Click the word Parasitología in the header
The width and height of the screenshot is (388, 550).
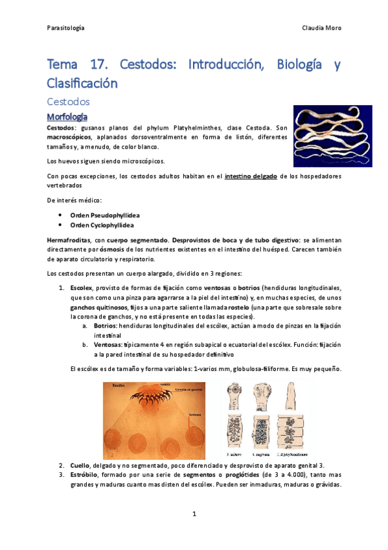click(66, 29)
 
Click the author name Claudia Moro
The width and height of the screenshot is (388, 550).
click(321, 29)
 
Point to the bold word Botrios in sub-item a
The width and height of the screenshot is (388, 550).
click(104, 326)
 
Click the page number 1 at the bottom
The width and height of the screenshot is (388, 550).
click(194, 514)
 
